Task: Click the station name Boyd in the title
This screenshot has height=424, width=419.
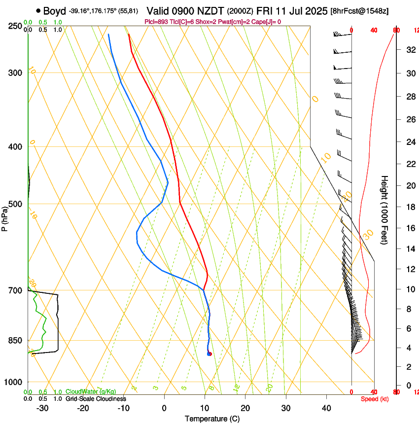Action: [x=54, y=11]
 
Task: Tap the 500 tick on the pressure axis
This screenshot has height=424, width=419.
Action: [x=14, y=204]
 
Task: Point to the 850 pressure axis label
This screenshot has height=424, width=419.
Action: [x=14, y=340]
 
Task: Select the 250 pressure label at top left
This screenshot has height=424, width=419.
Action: [x=14, y=26]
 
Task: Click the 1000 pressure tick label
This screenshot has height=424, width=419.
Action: [x=12, y=382]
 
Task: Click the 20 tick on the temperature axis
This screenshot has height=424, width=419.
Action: [x=245, y=408]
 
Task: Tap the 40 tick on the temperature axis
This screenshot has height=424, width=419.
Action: [x=326, y=408]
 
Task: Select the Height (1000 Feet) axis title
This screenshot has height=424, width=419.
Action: [x=384, y=210]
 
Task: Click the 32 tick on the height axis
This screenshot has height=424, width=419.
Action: [x=409, y=50]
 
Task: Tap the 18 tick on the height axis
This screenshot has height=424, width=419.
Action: [x=409, y=207]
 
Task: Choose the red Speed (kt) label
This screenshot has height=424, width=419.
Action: [x=374, y=399]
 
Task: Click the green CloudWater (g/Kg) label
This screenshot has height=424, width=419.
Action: [x=91, y=392]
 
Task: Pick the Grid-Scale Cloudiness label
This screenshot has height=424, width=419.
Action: [x=96, y=399]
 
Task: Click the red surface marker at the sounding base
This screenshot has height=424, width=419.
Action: [x=209, y=353]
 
